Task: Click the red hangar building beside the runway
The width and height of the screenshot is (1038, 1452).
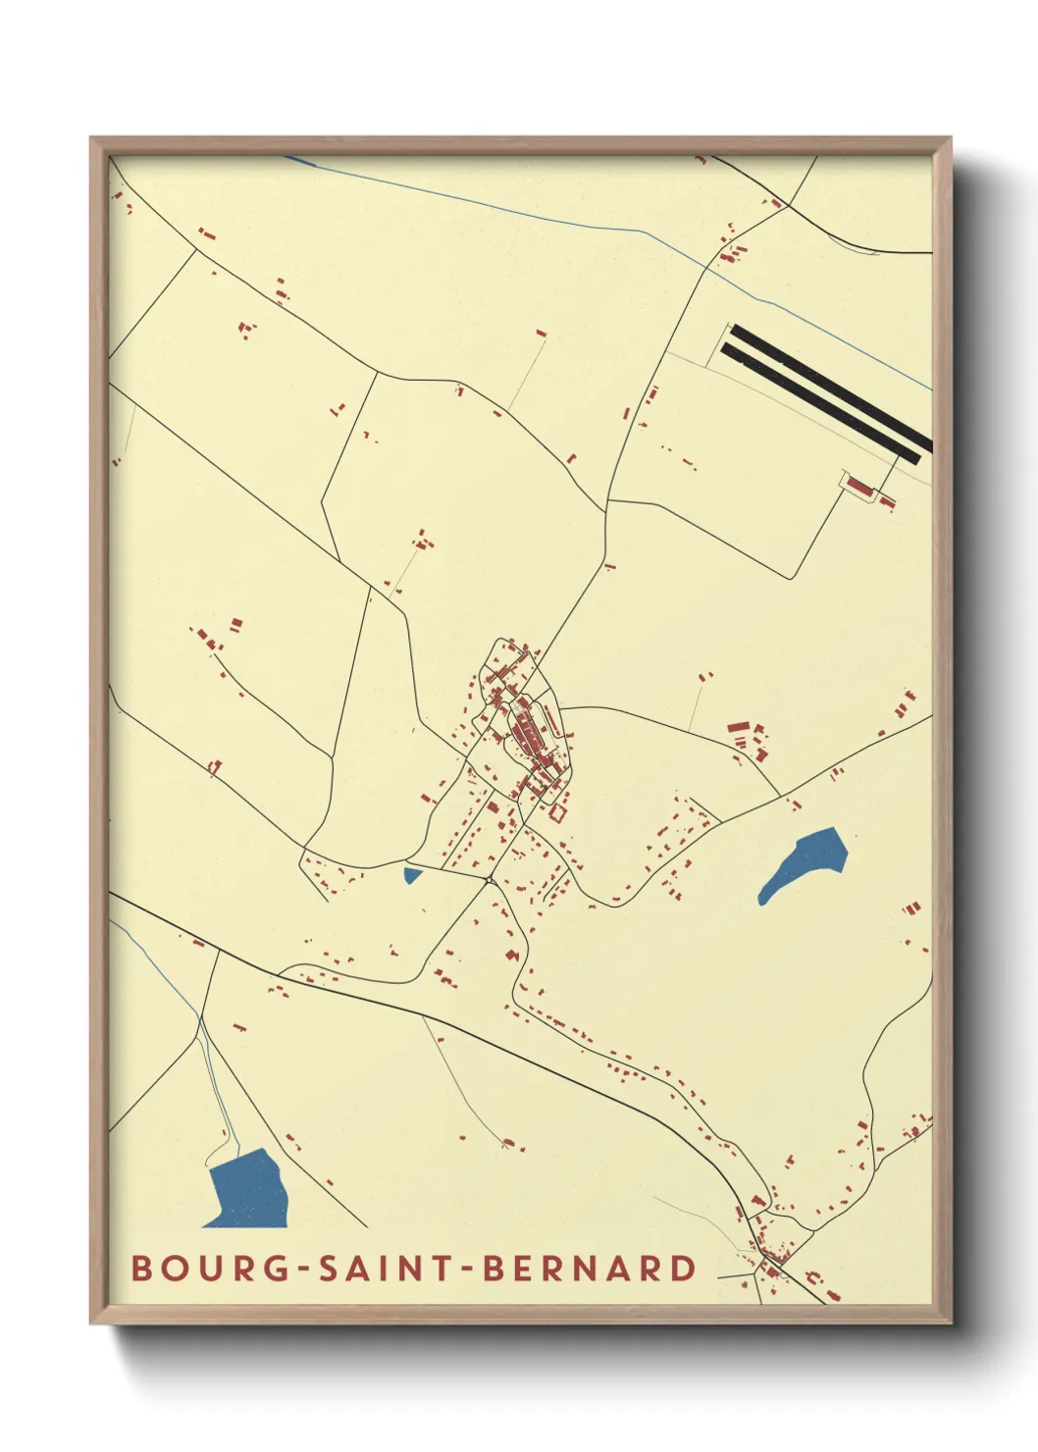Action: click(861, 487)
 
